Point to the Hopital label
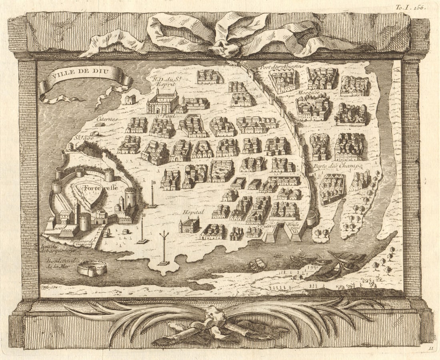(x=193, y=212)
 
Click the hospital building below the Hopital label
(x=189, y=226)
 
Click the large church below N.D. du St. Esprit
(x=162, y=102)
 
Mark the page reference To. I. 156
(x=410, y=6)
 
